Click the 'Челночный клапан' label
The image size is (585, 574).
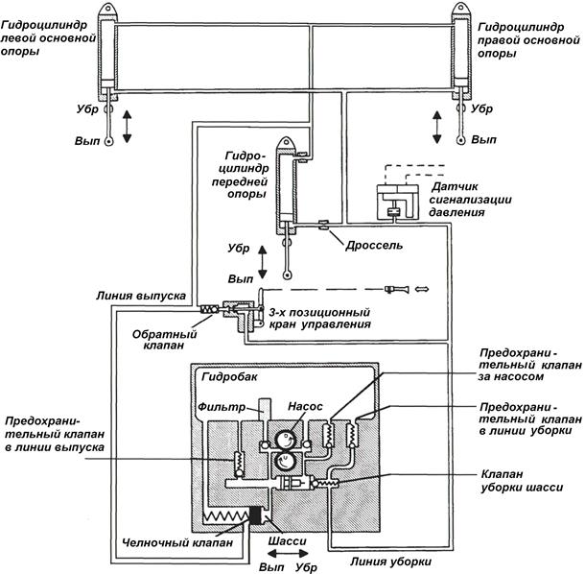[177, 542]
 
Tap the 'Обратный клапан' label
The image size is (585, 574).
[162, 341]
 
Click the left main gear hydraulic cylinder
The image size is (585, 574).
[108, 52]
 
